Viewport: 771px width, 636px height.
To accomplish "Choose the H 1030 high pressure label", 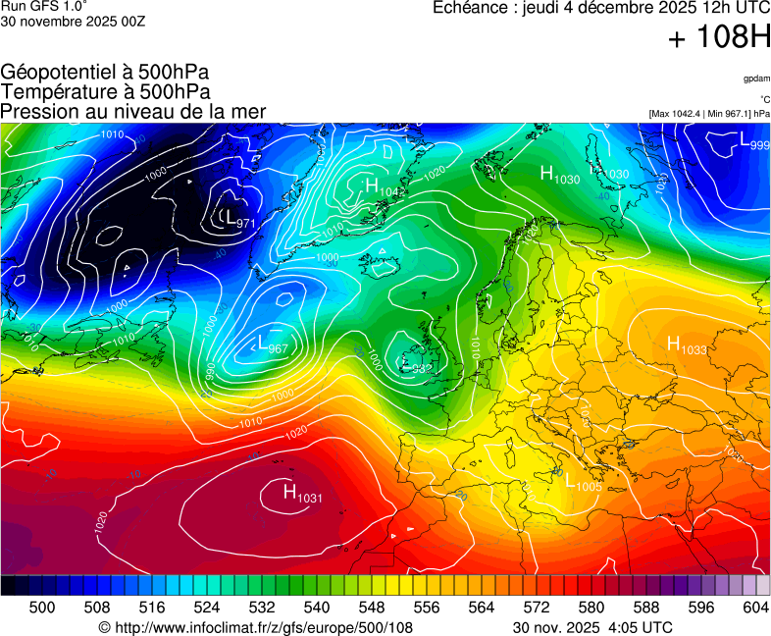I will coord(559,176).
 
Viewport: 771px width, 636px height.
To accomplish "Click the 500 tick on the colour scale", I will coord(42,608).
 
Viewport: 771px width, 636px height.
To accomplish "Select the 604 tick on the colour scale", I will coord(754,608).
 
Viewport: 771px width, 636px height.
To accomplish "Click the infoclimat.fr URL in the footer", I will coord(256,627).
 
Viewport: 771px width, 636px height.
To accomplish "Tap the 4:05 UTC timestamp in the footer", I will coord(642,627).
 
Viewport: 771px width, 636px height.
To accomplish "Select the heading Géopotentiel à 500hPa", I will coord(105,73).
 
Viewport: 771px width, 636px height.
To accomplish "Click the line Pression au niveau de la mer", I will coord(133,111).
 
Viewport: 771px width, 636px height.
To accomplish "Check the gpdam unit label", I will coord(755,79).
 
